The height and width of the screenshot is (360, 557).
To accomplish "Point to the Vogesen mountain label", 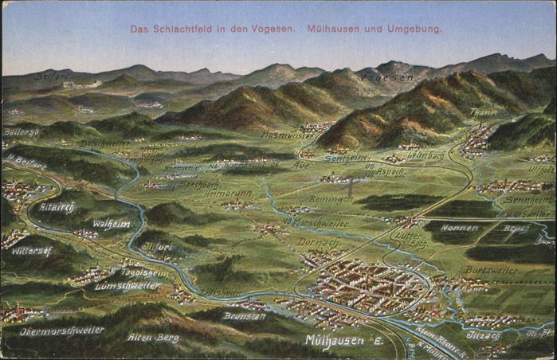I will [x=388, y=78].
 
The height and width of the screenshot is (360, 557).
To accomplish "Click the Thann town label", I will [x=483, y=112].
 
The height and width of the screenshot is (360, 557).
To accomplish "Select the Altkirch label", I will [x=57, y=205].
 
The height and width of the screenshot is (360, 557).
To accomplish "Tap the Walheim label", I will [x=111, y=224].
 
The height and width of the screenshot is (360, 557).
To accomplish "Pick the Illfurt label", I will [x=156, y=247].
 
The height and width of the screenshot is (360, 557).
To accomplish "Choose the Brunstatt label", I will [x=244, y=316].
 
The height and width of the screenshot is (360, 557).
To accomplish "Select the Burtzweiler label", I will [x=490, y=270].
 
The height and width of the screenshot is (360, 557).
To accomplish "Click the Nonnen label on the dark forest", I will [x=460, y=228].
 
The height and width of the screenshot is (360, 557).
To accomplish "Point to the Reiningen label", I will [x=331, y=199].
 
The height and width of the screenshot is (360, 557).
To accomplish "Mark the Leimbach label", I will [x=426, y=155].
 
